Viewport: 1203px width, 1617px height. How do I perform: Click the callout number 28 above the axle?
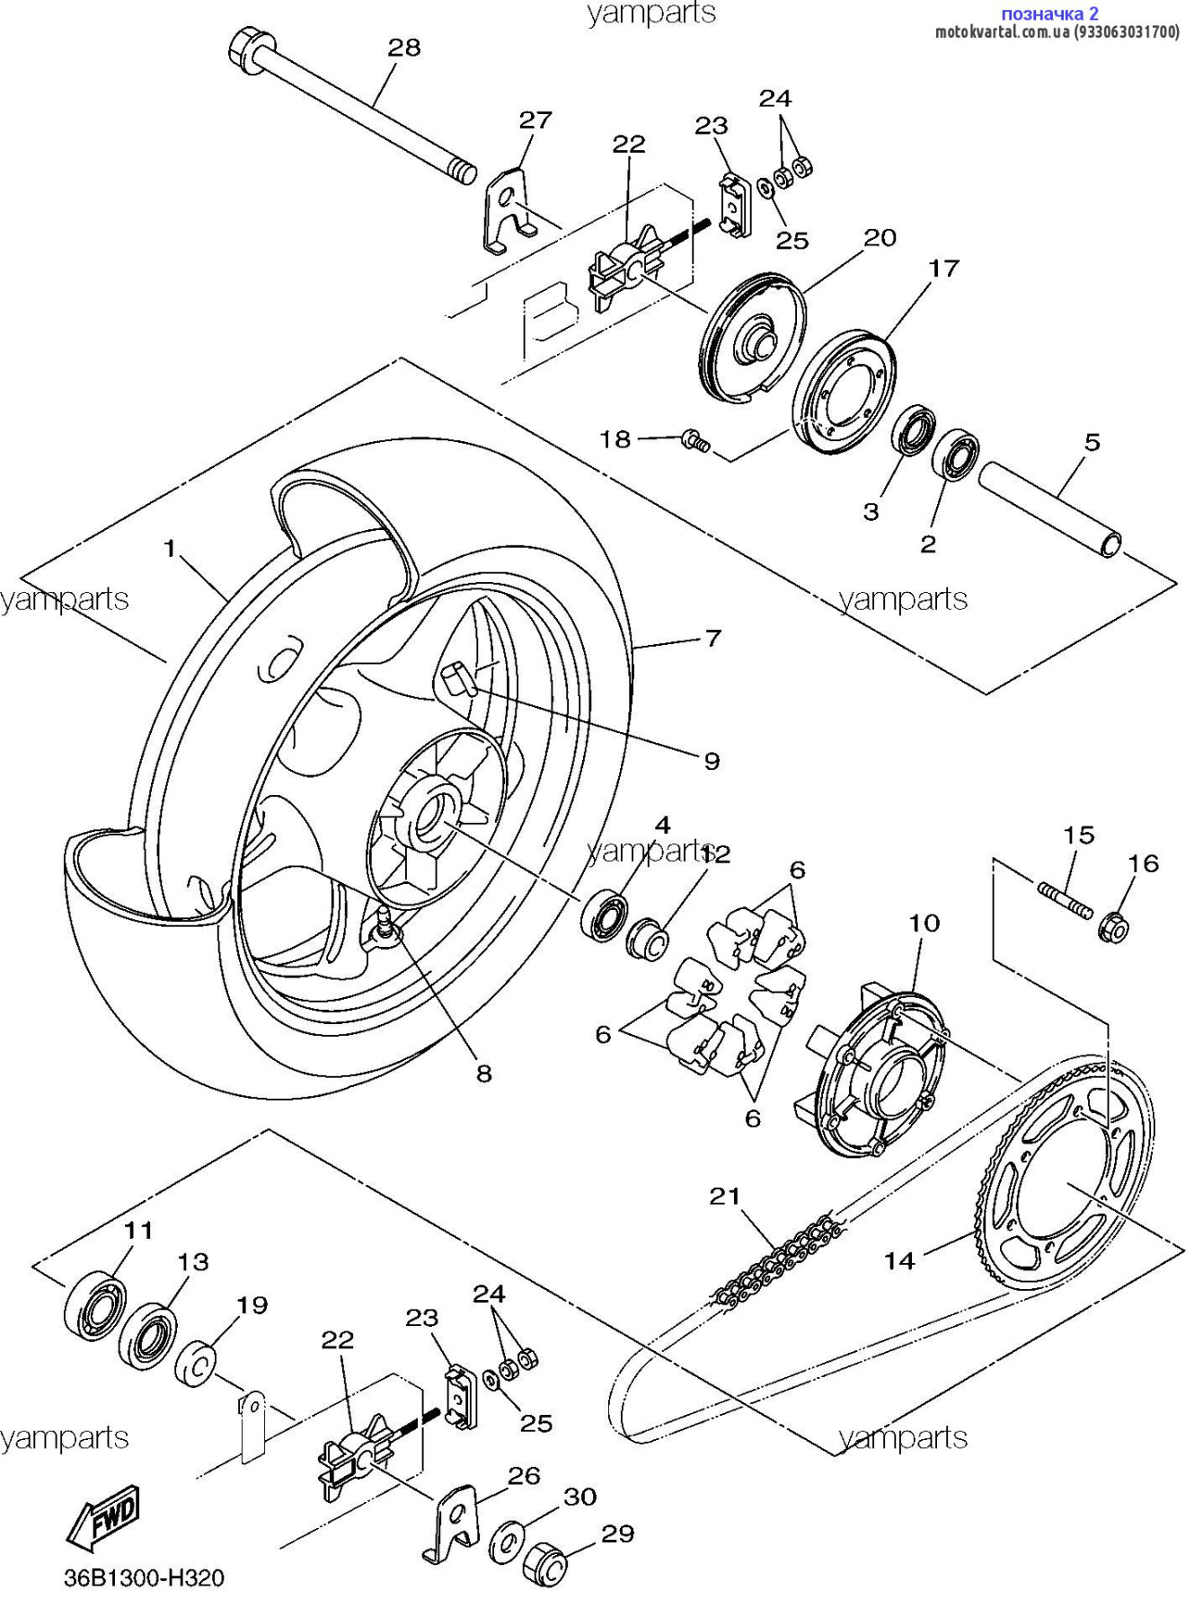click(x=403, y=47)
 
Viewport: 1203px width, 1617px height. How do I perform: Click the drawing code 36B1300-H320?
click(x=144, y=1577)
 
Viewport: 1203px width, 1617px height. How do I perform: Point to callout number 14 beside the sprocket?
click(x=898, y=1261)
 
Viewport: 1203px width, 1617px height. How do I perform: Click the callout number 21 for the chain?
click(x=725, y=1196)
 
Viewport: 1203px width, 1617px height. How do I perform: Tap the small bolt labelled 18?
click(x=694, y=440)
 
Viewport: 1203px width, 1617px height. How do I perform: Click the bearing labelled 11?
click(x=94, y=1305)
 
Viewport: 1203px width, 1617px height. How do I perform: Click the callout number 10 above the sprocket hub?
click(x=924, y=923)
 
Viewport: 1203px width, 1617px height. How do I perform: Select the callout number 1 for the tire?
click(x=170, y=548)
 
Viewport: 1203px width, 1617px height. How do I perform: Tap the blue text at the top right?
click(x=1049, y=13)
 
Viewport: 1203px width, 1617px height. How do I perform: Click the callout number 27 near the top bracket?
click(x=535, y=119)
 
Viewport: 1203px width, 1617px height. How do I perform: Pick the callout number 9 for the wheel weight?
click(x=712, y=761)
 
